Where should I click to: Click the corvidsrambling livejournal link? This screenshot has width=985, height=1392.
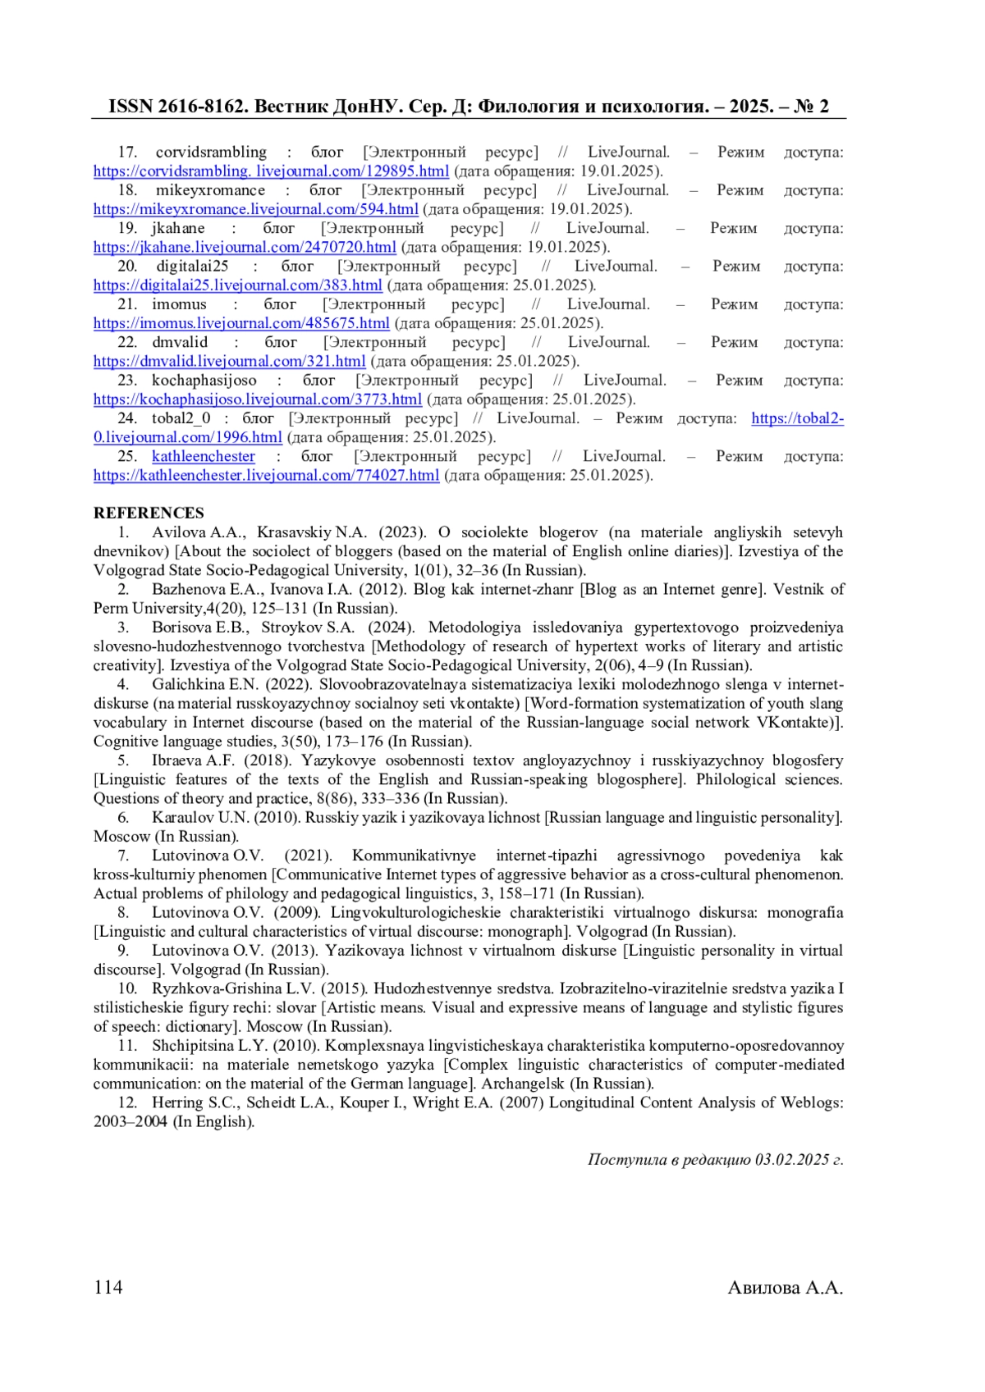pyautogui.click(x=271, y=171)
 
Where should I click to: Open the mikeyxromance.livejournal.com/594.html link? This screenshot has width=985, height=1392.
pyautogui.click(x=255, y=209)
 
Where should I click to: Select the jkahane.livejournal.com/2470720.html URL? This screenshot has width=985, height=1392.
pyautogui.click(x=245, y=247)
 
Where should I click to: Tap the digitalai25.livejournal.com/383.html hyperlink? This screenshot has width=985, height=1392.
pyautogui.click(x=237, y=285)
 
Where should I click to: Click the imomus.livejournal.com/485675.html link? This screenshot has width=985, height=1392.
pyautogui.click(x=241, y=323)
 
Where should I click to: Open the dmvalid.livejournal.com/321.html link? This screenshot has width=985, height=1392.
pyautogui.click(x=229, y=361)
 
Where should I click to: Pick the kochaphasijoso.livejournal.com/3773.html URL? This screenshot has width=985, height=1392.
pyautogui.click(x=258, y=399)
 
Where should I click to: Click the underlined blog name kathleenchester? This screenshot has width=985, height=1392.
pyautogui.click(x=203, y=457)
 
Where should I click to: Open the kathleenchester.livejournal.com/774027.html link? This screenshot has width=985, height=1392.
pyautogui.click(x=266, y=476)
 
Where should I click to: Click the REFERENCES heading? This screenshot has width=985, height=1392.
pyautogui.click(x=149, y=513)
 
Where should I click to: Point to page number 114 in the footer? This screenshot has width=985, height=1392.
pyautogui.click(x=108, y=1287)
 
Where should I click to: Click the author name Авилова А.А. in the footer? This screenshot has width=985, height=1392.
pyautogui.click(x=785, y=1288)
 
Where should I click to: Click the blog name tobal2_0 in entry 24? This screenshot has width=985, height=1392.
pyautogui.click(x=181, y=418)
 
